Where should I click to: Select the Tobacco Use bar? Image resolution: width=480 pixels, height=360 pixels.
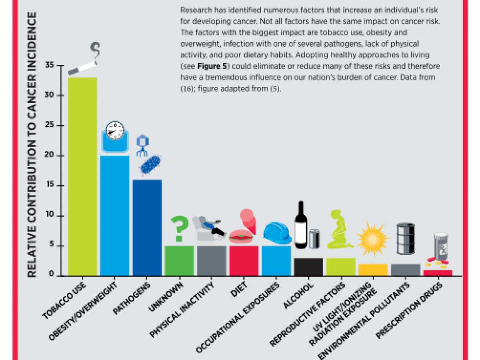tap(82, 177)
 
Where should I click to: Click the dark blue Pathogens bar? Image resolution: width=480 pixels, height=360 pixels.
tap(147, 228)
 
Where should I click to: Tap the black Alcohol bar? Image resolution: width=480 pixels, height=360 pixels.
tap(308, 267)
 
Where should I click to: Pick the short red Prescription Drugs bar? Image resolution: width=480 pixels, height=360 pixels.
tap(438, 273)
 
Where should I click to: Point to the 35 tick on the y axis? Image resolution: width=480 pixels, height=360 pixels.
tap(60, 65)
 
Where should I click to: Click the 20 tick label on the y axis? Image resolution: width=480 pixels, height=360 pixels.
tap(49, 154)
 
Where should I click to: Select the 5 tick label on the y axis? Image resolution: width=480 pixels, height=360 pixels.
tap(51, 244)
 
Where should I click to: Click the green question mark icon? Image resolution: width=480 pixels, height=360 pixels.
tap(180, 228)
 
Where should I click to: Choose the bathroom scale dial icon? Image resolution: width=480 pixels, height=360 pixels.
tap(115, 131)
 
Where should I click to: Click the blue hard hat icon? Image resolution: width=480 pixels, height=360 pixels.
tap(277, 233)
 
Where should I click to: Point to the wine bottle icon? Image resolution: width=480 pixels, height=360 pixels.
tap(301, 225)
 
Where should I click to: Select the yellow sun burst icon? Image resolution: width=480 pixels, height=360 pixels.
tap(373, 239)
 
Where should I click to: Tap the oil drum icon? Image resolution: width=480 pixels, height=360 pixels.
tap(406, 239)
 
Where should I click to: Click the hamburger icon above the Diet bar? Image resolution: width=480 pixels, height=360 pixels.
tap(241, 236)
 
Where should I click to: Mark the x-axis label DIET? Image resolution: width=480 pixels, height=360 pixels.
tap(239, 289)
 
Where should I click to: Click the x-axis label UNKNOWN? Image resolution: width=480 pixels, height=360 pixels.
tap(166, 297)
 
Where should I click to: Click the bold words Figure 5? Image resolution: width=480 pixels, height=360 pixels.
tap(212, 66)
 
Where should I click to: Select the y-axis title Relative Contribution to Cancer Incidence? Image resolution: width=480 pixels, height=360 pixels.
tap(32, 145)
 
